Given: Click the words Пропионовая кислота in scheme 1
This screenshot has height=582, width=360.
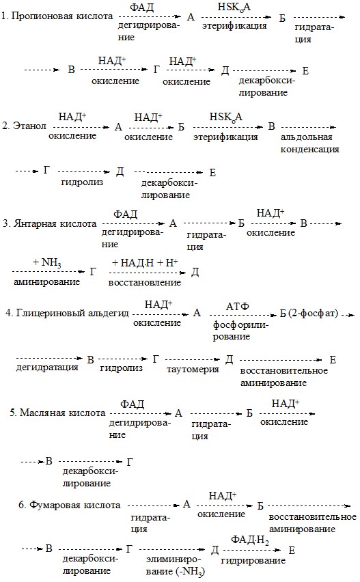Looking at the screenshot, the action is pos(62,16).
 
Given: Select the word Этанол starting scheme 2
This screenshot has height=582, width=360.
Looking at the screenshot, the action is pos(29,126).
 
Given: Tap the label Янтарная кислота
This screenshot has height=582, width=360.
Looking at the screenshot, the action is pos(55,224).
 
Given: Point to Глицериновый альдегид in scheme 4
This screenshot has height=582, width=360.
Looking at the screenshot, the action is pos(72,314).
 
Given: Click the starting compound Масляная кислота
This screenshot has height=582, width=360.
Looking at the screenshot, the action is pos(62,413).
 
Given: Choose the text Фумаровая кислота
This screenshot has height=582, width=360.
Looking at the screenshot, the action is pos(75,505).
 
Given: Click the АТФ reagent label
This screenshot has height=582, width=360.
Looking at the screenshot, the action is pos(238,307).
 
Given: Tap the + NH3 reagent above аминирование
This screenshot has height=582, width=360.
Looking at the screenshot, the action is pos(47,263).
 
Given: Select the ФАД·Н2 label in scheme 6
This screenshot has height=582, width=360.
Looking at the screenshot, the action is pos(250,540).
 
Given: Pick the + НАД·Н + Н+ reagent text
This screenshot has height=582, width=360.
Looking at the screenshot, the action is pos(145,263).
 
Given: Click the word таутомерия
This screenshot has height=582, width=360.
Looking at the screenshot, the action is pos(193,370).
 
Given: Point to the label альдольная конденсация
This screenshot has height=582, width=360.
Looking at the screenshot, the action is pos(310,143).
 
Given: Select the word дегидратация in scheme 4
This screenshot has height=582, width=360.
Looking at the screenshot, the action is pos(47,368).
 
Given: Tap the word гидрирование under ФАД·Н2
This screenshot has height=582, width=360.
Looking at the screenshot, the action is pos(253,560).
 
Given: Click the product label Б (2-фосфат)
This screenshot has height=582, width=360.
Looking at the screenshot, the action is pos(309,314).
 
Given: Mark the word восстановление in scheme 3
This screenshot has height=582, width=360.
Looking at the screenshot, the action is pos(145,283).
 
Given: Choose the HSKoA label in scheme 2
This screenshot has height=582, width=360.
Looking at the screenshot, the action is pos(226,117).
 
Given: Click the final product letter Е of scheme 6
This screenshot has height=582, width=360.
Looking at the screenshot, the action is pos(292,550).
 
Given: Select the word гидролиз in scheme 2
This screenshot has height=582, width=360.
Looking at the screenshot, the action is pos(82,182).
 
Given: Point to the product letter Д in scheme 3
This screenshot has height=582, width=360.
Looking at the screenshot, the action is pos(195,273).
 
